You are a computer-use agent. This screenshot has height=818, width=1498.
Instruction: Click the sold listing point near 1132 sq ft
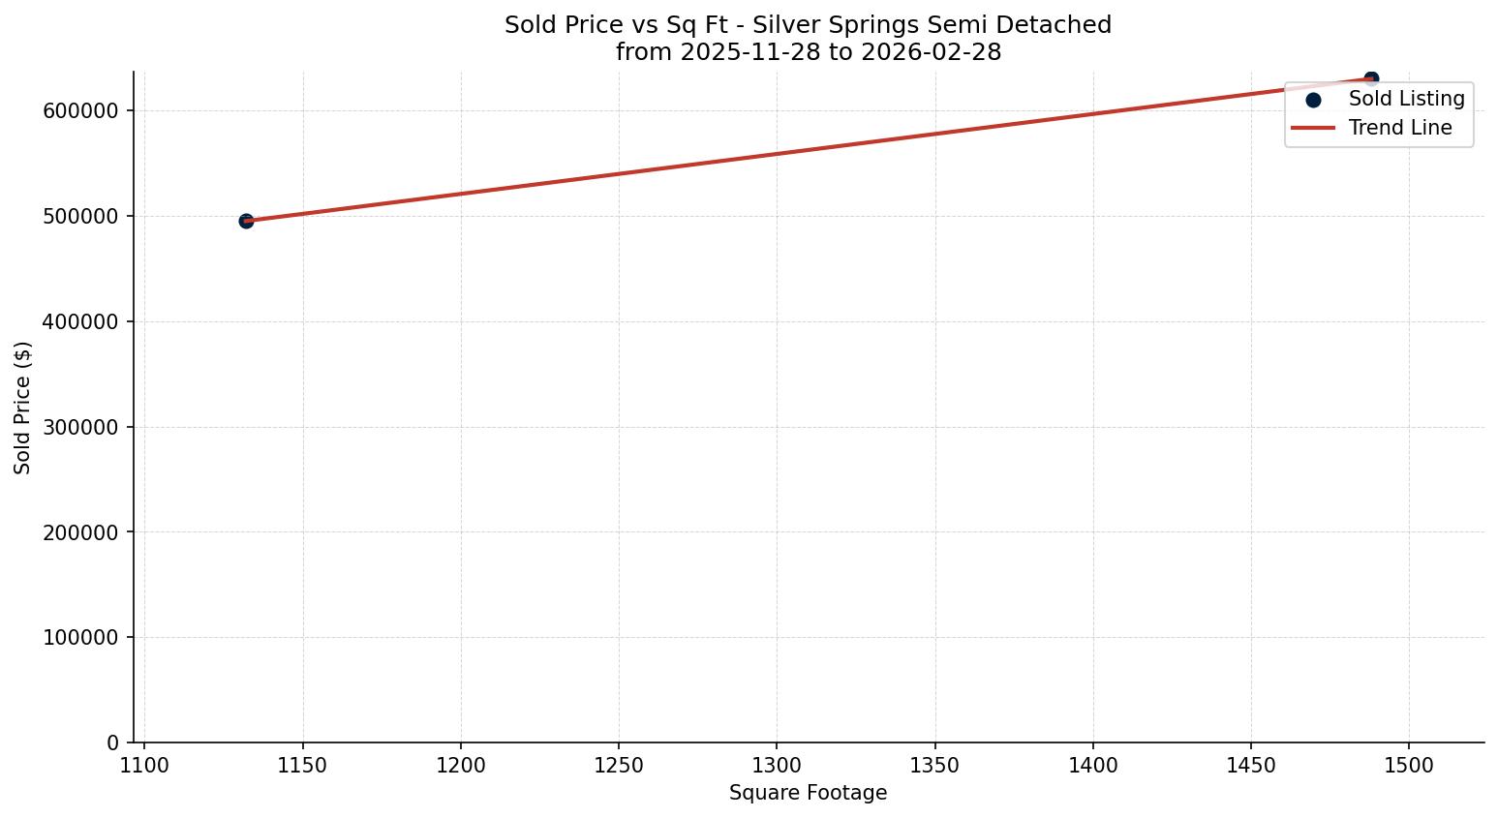click(246, 221)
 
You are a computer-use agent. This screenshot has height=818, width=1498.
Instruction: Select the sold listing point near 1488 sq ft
click(1371, 78)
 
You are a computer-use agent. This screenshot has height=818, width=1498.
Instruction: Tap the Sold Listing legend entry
click(1406, 99)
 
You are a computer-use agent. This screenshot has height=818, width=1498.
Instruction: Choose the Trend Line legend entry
click(1400, 128)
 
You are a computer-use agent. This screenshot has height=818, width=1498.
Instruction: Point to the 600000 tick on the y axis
click(81, 110)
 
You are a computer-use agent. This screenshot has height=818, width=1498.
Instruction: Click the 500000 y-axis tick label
click(81, 216)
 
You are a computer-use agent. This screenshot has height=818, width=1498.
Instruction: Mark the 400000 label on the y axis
click(81, 321)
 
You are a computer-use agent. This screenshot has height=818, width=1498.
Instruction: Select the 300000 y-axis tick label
click(81, 427)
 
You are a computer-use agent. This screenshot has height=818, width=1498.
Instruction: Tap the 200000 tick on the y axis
click(81, 532)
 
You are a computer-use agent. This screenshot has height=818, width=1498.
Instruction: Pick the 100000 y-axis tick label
click(81, 638)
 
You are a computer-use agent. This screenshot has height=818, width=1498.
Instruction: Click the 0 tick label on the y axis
click(112, 743)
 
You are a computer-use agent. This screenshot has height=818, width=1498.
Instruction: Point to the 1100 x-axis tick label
click(144, 765)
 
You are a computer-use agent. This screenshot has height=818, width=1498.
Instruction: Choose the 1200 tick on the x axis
click(461, 765)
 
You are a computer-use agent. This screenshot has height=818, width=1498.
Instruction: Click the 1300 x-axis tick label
click(777, 765)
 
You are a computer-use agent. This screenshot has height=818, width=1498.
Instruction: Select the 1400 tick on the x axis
click(1093, 765)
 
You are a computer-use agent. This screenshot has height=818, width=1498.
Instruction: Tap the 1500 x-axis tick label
click(1409, 765)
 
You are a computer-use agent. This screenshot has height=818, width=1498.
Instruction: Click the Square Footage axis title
click(808, 793)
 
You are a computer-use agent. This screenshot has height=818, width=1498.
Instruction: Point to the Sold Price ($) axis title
click(23, 408)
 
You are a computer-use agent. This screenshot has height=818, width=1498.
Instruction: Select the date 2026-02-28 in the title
click(931, 52)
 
